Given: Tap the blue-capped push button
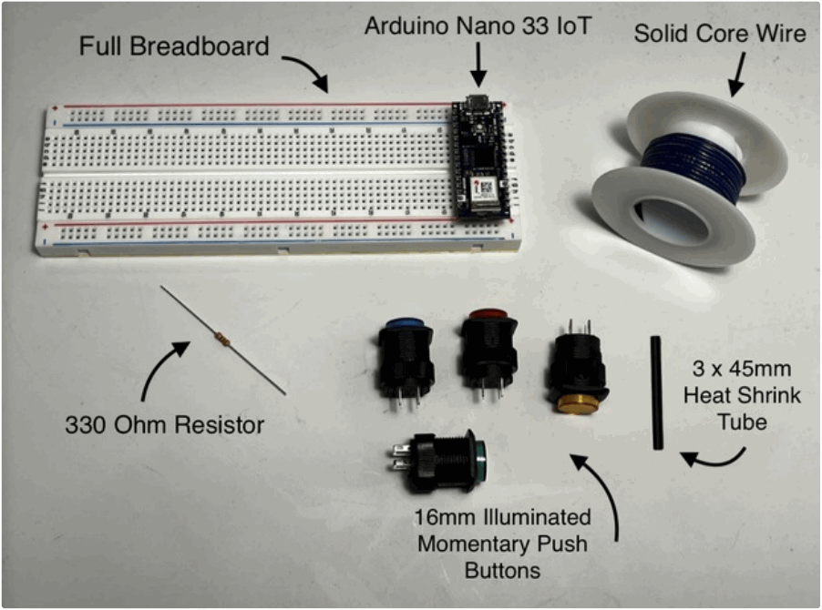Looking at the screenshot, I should [x=405, y=356].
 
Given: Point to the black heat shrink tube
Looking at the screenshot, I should [x=655, y=392].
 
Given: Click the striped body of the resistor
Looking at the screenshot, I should [x=221, y=341].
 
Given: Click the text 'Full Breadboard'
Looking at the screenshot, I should [x=174, y=46].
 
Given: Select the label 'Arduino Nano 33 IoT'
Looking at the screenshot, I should [x=478, y=25].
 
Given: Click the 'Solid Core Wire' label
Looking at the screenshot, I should [x=720, y=34].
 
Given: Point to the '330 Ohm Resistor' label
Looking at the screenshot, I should [x=164, y=424].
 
